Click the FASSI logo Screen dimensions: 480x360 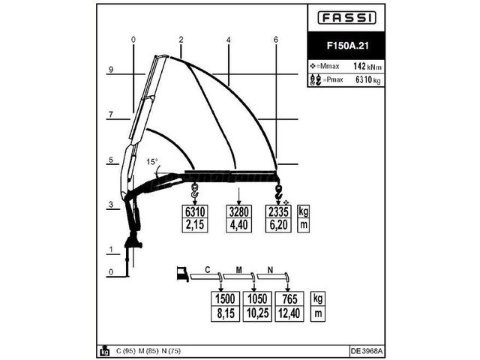coord(346,18)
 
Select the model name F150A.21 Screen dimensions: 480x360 coord(347,46)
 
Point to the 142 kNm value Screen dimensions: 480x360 coord(367,66)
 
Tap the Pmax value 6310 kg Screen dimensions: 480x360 coord(368,80)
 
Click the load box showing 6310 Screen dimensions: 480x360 coord(195,211)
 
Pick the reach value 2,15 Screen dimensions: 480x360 coord(195,225)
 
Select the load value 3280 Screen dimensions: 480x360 coord(238,211)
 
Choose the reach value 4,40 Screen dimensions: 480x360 coord(238,225)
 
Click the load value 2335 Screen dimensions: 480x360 coord(278,211)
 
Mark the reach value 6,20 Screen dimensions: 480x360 coord(278,225)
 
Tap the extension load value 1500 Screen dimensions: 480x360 coord(225,298)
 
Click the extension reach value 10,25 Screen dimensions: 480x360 coord(257,313)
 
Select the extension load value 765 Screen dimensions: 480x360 coord(289,298)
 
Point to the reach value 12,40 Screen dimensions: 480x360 coord(289,313)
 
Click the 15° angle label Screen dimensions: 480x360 coord(152,162)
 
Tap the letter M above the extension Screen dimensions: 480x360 coord(239,270)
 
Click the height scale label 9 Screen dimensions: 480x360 coord(111,70)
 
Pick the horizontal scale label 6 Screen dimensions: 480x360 coord(276,40)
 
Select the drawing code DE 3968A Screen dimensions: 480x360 coord(367,351)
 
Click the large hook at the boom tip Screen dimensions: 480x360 coord(279,192)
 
